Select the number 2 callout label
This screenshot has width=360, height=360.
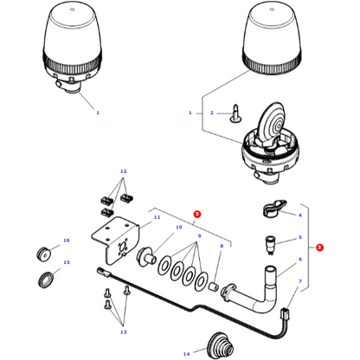pyautogui.click(x=209, y=113)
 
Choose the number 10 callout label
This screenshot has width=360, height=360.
pyautogui.click(x=178, y=228)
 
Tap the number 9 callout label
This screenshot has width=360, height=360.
pyautogui.click(x=200, y=235)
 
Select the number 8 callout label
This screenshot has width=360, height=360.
pyautogui.click(x=221, y=247)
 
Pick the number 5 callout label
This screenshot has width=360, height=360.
pyautogui.click(x=300, y=237)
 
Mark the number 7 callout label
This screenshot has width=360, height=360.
pyautogui.click(x=300, y=281)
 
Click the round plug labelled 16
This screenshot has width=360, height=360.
pyautogui.click(x=41, y=253)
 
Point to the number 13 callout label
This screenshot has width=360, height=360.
pyautogui.click(x=124, y=331)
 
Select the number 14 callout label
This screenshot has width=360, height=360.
pyautogui.click(x=185, y=354)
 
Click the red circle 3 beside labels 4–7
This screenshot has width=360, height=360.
pyautogui.click(x=319, y=247)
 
